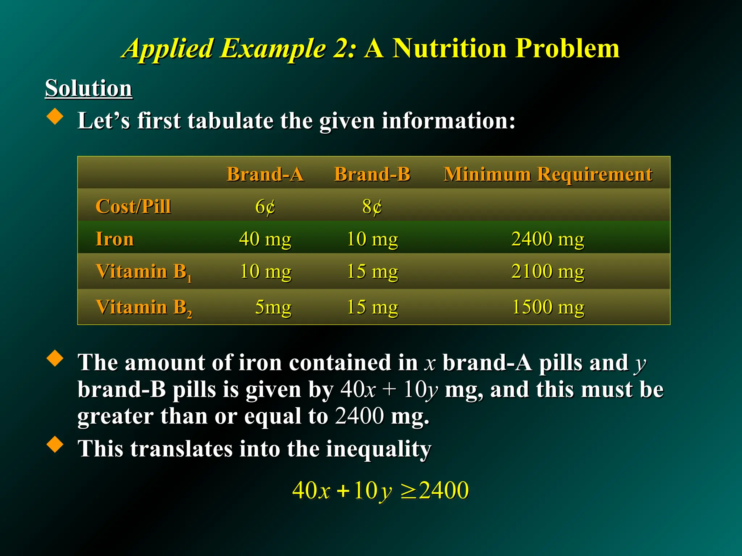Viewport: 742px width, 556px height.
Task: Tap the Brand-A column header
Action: point(265,174)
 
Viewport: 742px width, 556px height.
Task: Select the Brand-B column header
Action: point(372,174)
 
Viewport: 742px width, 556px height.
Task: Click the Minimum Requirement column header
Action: point(548,174)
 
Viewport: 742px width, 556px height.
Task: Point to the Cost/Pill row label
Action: point(133,207)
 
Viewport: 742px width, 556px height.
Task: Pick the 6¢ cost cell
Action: point(265,207)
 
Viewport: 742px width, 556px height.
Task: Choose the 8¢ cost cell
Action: point(372,207)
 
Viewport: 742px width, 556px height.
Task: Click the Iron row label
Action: point(114,239)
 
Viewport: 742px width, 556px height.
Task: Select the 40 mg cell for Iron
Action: point(265,239)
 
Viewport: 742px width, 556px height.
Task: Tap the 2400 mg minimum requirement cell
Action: point(548,239)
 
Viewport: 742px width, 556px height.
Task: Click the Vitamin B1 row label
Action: point(143,272)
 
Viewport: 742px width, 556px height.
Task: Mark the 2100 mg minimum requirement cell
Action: point(548,271)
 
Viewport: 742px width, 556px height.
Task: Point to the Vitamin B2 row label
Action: point(143,307)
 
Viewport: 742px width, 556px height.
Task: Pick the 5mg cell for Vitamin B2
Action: point(273,307)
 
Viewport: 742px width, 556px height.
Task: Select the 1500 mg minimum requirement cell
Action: point(548,307)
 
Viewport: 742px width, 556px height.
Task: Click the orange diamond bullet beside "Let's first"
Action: point(55,117)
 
